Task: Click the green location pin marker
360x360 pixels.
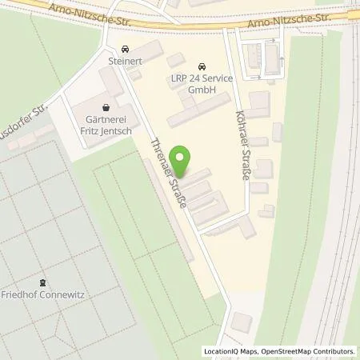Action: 182,158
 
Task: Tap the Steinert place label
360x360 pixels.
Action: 125,58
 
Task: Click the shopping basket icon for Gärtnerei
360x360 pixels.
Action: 106,107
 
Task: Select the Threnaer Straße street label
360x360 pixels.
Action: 169,174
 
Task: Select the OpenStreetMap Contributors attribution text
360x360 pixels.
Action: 308,351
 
